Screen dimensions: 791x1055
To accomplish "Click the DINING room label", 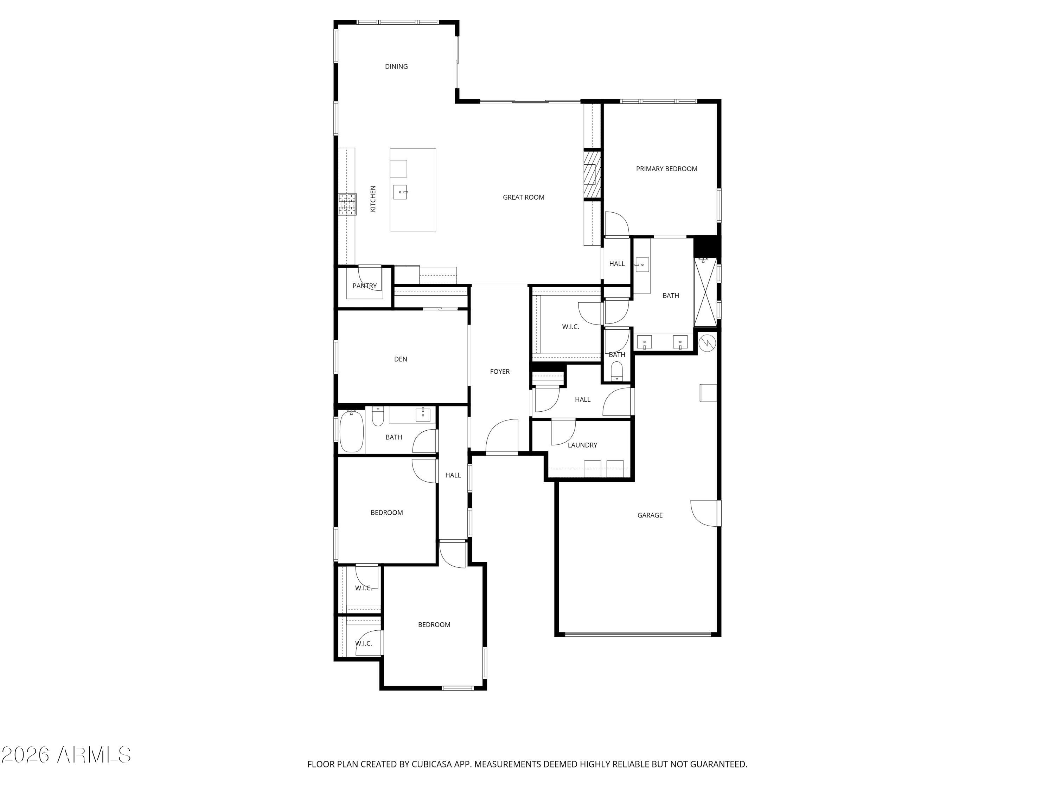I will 396,66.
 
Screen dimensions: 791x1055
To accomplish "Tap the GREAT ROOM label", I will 523,197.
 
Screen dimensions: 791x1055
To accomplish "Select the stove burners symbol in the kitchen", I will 347,204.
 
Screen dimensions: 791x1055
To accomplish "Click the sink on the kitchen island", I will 400,192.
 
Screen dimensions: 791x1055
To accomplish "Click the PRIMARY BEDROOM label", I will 666,168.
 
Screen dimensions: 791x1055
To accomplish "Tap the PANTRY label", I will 364,285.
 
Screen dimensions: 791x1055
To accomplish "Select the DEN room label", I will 400,359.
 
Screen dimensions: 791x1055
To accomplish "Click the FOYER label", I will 499,372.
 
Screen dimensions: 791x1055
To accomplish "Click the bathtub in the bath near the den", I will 352,431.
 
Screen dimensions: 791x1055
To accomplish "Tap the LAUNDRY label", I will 582,445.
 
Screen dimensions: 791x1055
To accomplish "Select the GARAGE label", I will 650,515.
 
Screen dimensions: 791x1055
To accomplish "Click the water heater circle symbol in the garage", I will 707,342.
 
